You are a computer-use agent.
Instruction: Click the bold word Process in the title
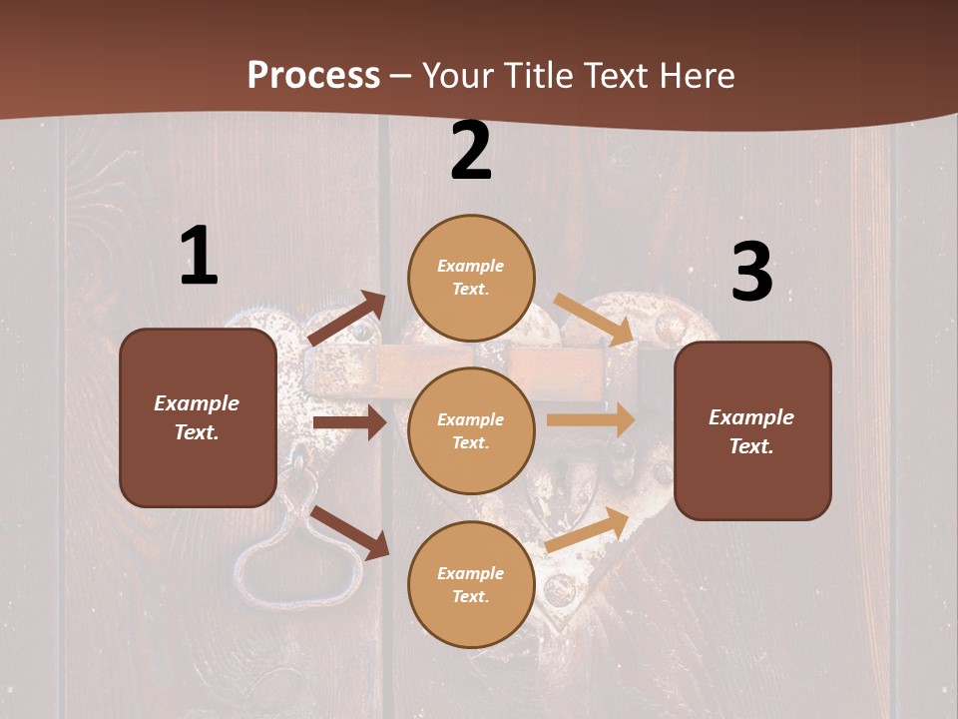click(313, 75)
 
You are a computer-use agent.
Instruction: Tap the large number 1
click(199, 256)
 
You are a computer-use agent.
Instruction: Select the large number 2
click(471, 151)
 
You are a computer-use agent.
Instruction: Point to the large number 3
click(751, 272)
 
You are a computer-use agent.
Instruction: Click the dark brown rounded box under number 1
click(198, 417)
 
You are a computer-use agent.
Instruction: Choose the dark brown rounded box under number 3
click(752, 430)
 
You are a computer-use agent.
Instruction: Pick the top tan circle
click(471, 278)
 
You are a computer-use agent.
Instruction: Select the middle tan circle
click(471, 430)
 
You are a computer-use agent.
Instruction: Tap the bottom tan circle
click(471, 584)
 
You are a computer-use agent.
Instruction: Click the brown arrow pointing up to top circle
click(346, 319)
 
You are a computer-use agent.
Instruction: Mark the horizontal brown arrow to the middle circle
click(349, 423)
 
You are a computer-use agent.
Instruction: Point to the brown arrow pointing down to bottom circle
click(349, 532)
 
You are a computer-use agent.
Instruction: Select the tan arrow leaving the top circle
click(594, 319)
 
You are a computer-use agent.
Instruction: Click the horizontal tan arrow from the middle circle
click(591, 420)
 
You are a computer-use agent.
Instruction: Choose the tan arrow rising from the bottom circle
click(588, 529)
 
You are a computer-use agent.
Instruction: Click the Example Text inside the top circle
click(471, 278)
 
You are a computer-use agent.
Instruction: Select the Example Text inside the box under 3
click(751, 431)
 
